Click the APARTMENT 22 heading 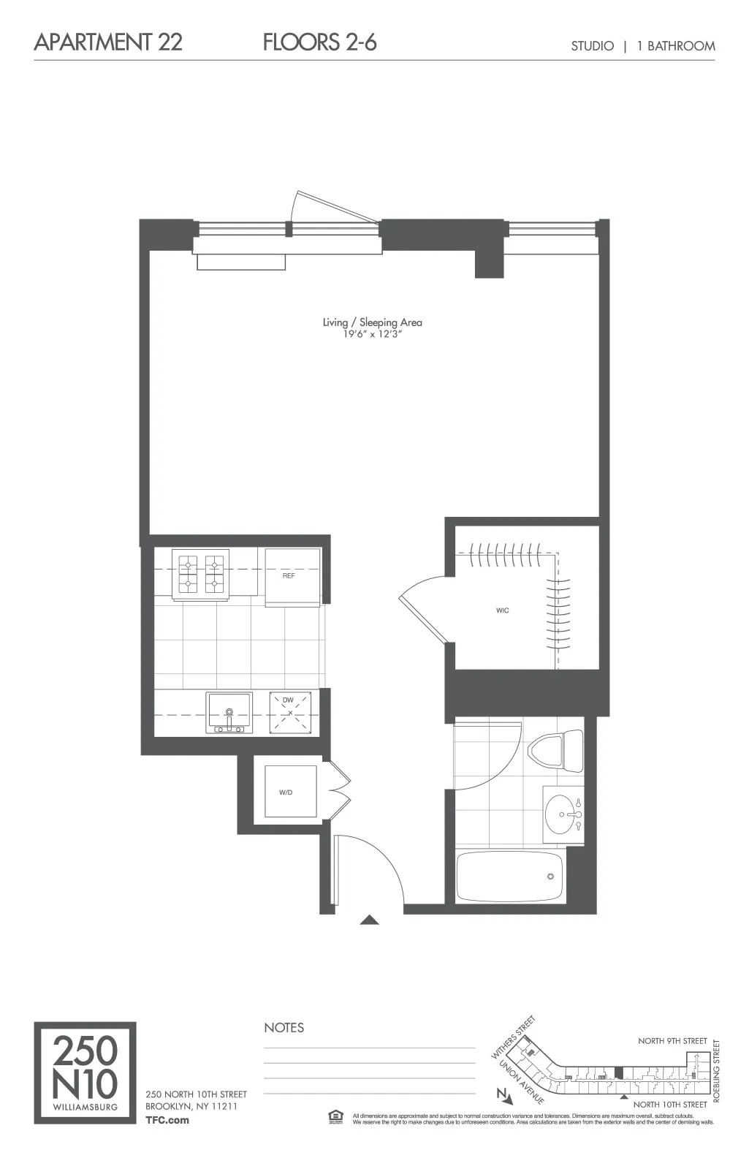tap(108, 42)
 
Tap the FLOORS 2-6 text tap(319, 42)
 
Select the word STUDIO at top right tap(592, 46)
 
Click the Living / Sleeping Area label tap(372, 322)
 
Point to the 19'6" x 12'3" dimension tap(372, 334)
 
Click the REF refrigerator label tap(289, 576)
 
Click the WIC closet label tap(502, 610)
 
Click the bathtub tap(509, 876)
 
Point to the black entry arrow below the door tap(369, 920)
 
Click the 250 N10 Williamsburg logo tap(85, 1072)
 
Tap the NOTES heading tap(284, 1027)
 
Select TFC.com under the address tap(167, 1119)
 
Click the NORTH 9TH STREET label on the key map tap(672, 1040)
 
